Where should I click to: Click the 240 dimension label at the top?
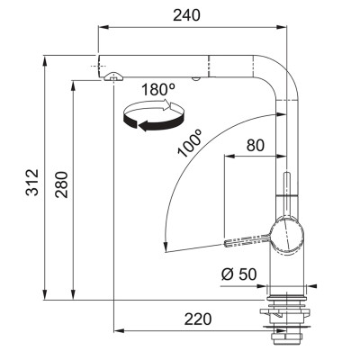pyautogui.click(x=186, y=15)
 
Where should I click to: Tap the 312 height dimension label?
pyautogui.click(x=32, y=183)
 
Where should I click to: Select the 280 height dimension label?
pyautogui.click(x=61, y=184)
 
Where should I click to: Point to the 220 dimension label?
pyautogui.click(x=198, y=319)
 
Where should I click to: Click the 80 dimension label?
pyautogui.click(x=256, y=146)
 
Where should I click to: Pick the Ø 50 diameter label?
pyautogui.click(x=239, y=274)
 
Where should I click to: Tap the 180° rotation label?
pyautogui.click(x=158, y=89)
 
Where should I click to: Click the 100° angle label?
pyautogui.click(x=190, y=143)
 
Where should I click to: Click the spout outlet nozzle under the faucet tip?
pyautogui.click(x=112, y=76)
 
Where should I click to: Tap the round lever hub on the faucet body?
pyautogui.click(x=288, y=235)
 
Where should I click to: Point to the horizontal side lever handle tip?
pyautogui.click(x=227, y=242)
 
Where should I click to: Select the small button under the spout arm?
pyautogui.click(x=195, y=79)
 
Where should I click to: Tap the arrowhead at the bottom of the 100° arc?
pyautogui.click(x=165, y=247)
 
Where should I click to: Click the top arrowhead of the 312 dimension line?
pyautogui.click(x=45, y=61)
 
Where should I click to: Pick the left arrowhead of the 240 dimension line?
pyautogui.click(x=103, y=28)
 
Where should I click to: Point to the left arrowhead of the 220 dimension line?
pyautogui.click(x=119, y=331)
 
